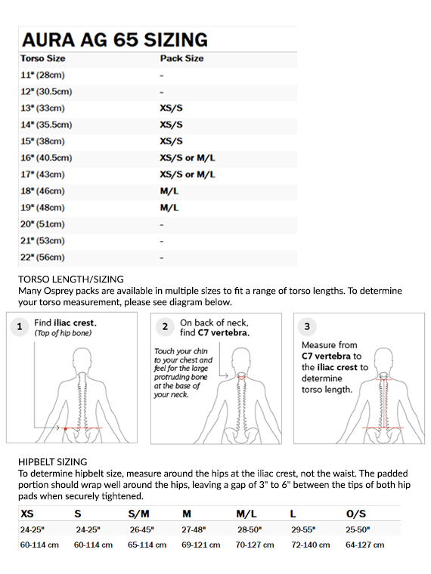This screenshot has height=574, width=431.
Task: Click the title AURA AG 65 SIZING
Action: (115, 40)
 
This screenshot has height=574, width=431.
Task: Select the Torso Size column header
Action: (43, 59)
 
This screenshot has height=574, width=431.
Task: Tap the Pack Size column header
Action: (181, 59)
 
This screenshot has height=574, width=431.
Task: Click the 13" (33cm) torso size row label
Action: (42, 108)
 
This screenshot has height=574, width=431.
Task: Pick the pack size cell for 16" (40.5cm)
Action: (188, 158)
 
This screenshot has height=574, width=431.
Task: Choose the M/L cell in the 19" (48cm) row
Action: (169, 208)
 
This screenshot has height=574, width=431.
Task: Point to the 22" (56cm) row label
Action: (42, 258)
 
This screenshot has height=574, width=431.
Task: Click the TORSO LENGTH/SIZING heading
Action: (71, 279)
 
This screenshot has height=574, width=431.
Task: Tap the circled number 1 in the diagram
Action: (20, 326)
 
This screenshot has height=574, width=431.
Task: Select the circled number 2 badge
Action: (165, 326)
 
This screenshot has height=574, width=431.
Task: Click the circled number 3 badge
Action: (307, 326)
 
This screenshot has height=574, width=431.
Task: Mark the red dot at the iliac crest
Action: (65, 429)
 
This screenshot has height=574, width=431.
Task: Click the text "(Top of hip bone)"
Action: (63, 333)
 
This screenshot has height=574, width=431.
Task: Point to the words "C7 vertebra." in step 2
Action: (224, 333)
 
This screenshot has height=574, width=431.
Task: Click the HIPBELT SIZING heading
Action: (53, 462)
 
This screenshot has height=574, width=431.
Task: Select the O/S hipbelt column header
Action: (356, 514)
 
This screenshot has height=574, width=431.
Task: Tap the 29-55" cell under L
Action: (303, 529)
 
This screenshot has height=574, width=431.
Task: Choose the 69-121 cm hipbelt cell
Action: (201, 545)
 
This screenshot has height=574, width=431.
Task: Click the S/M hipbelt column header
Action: (138, 514)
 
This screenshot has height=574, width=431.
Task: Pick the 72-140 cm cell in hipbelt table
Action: (311, 545)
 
